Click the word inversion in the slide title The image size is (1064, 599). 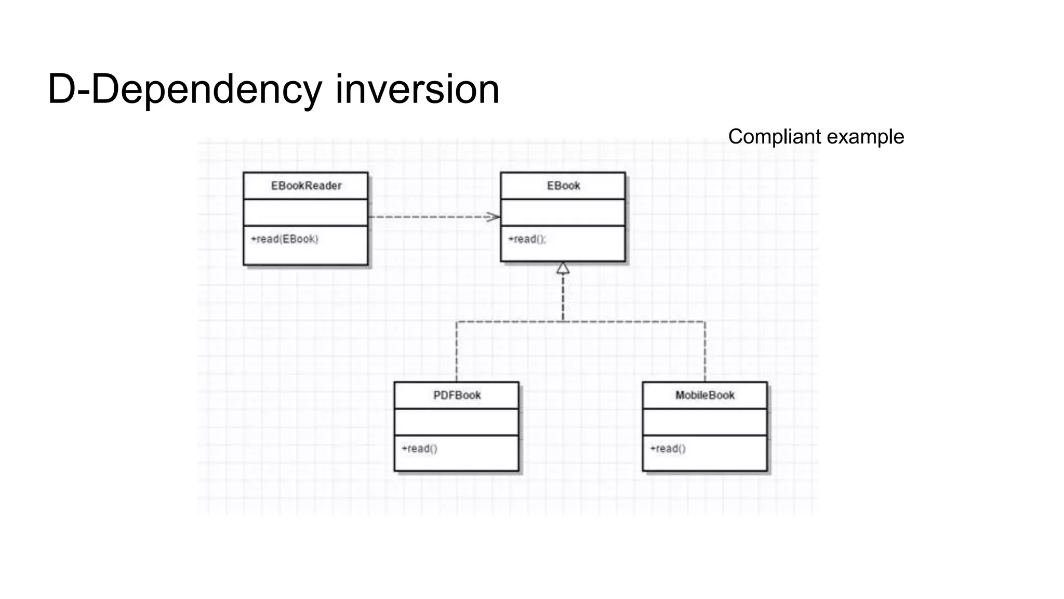(417, 89)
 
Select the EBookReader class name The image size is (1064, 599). (306, 186)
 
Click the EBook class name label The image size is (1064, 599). (563, 186)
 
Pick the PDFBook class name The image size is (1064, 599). (457, 395)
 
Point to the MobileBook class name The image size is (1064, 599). (704, 395)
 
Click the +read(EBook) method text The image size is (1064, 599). (284, 239)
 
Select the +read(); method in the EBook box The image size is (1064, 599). (527, 239)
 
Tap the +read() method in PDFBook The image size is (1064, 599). (419, 449)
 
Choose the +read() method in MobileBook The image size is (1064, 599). (668, 449)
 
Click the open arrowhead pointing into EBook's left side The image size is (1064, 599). (493, 217)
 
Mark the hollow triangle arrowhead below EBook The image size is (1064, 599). (563, 268)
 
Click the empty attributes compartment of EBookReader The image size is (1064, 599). (305, 212)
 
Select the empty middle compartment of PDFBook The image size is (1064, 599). (456, 422)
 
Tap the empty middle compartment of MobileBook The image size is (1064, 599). (704, 422)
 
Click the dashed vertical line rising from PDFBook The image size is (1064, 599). (457, 354)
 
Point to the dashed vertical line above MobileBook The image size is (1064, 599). (705, 354)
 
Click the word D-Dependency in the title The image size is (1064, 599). (184, 89)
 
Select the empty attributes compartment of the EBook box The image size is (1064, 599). (563, 212)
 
